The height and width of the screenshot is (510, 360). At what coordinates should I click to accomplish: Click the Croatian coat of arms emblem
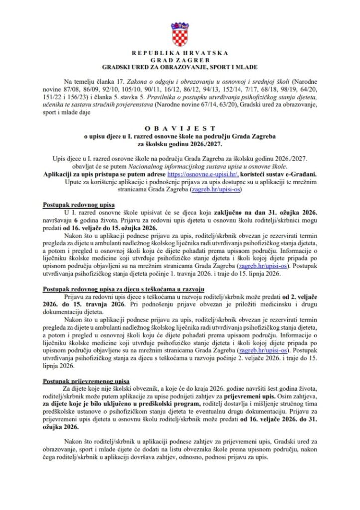click(x=180, y=34)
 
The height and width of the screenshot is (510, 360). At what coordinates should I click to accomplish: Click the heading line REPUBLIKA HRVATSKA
click(x=180, y=53)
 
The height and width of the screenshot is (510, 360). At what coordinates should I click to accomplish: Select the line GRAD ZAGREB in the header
click(x=180, y=60)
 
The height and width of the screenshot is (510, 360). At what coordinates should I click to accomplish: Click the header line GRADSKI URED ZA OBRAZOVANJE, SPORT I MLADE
click(x=180, y=67)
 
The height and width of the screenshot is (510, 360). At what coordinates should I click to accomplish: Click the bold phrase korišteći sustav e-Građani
click(x=279, y=175)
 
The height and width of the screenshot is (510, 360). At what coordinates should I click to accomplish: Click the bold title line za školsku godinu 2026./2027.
click(x=180, y=144)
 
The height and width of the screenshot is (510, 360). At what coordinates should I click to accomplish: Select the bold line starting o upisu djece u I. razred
click(x=180, y=137)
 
